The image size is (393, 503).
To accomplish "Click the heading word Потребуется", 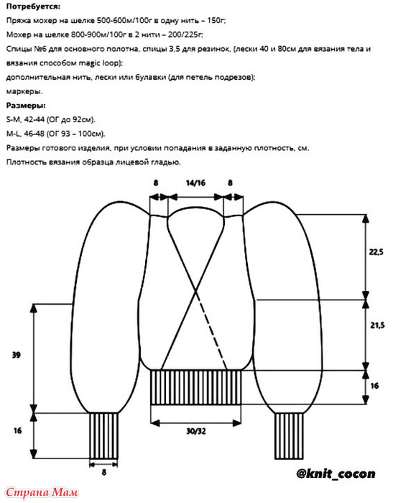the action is click(x=33, y=6).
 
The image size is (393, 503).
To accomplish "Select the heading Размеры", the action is click(x=26, y=105).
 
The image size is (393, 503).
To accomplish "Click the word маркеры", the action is click(x=24, y=91).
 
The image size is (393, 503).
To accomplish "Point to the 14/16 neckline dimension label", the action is click(x=195, y=183).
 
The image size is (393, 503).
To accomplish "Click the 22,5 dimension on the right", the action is click(x=376, y=252).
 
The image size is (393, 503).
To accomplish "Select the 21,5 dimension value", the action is click(x=377, y=326).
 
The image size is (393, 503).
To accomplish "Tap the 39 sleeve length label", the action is click(x=16, y=355).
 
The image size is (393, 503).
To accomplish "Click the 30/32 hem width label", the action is click(x=196, y=431).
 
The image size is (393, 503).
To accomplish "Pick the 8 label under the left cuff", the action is click(x=103, y=472).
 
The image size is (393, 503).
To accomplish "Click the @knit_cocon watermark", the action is click(x=336, y=474).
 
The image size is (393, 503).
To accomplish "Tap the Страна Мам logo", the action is click(x=42, y=492).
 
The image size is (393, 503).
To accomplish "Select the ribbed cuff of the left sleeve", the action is click(x=103, y=435).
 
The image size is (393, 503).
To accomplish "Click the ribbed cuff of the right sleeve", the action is click(x=289, y=435).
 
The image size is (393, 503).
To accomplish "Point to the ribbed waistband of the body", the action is click(x=195, y=387).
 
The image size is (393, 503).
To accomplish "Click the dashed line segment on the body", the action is click(x=211, y=331).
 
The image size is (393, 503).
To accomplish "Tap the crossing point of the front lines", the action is click(x=195, y=291).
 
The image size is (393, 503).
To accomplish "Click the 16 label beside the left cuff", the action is click(x=17, y=430).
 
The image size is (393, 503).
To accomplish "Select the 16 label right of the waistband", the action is click(x=374, y=386).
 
